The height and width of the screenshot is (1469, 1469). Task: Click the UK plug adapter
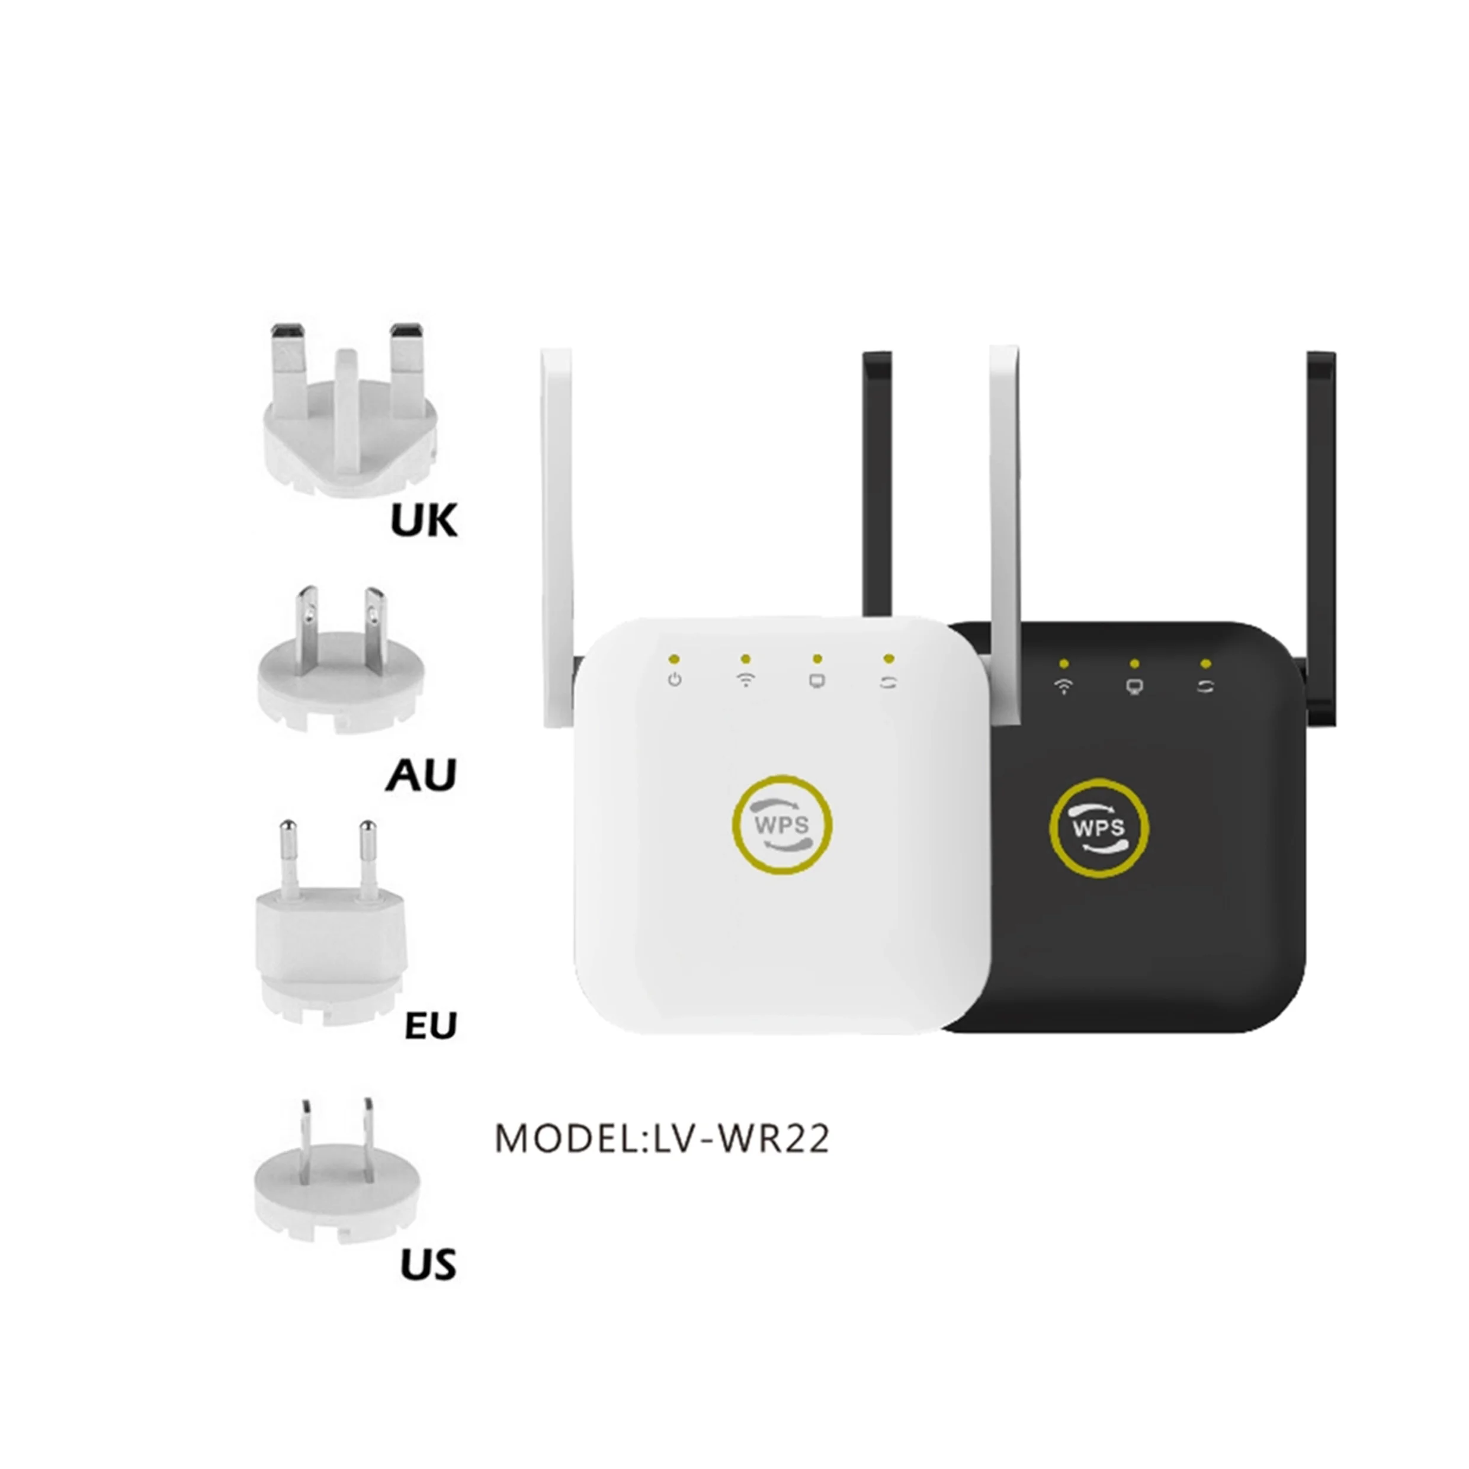click(349, 426)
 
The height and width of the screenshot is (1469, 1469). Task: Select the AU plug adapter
click(338, 669)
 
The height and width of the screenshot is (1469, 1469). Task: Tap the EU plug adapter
click(331, 935)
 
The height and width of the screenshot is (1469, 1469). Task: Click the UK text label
click(424, 522)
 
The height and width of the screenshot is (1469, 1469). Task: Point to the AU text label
click(421, 775)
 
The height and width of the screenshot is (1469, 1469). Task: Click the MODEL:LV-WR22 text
click(662, 1139)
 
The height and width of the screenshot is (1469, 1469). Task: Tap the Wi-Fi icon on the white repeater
click(746, 680)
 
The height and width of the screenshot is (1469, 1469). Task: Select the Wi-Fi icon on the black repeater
click(1064, 687)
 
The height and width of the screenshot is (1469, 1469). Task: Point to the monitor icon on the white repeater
click(817, 681)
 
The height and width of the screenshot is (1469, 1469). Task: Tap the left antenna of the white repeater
click(557, 533)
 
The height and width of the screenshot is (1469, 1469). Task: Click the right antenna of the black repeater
click(1322, 533)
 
